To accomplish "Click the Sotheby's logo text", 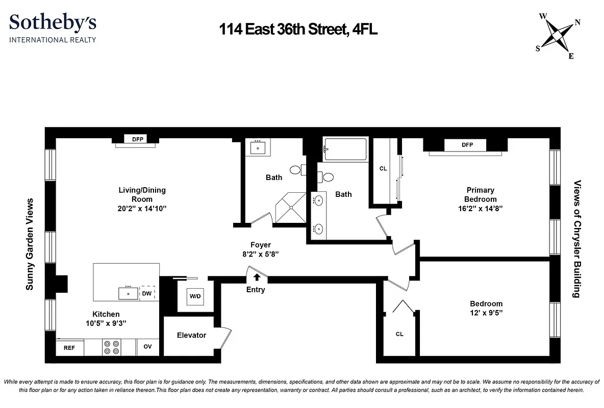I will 53,23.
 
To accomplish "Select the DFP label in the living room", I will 138,139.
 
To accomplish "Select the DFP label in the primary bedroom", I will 467,145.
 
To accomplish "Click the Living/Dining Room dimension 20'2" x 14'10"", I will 142,208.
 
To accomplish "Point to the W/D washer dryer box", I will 195,296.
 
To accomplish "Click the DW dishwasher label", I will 146,294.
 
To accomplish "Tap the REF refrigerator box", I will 69,348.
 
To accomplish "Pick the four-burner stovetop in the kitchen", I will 112,347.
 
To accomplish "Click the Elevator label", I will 191,335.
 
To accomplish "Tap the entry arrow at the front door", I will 257,277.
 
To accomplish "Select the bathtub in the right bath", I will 345,149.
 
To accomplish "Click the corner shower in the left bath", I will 291,208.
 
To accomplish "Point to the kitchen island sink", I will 128,294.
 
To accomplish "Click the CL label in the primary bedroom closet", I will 383,168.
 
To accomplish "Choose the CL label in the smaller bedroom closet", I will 399,334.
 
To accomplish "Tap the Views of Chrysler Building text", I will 577,239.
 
